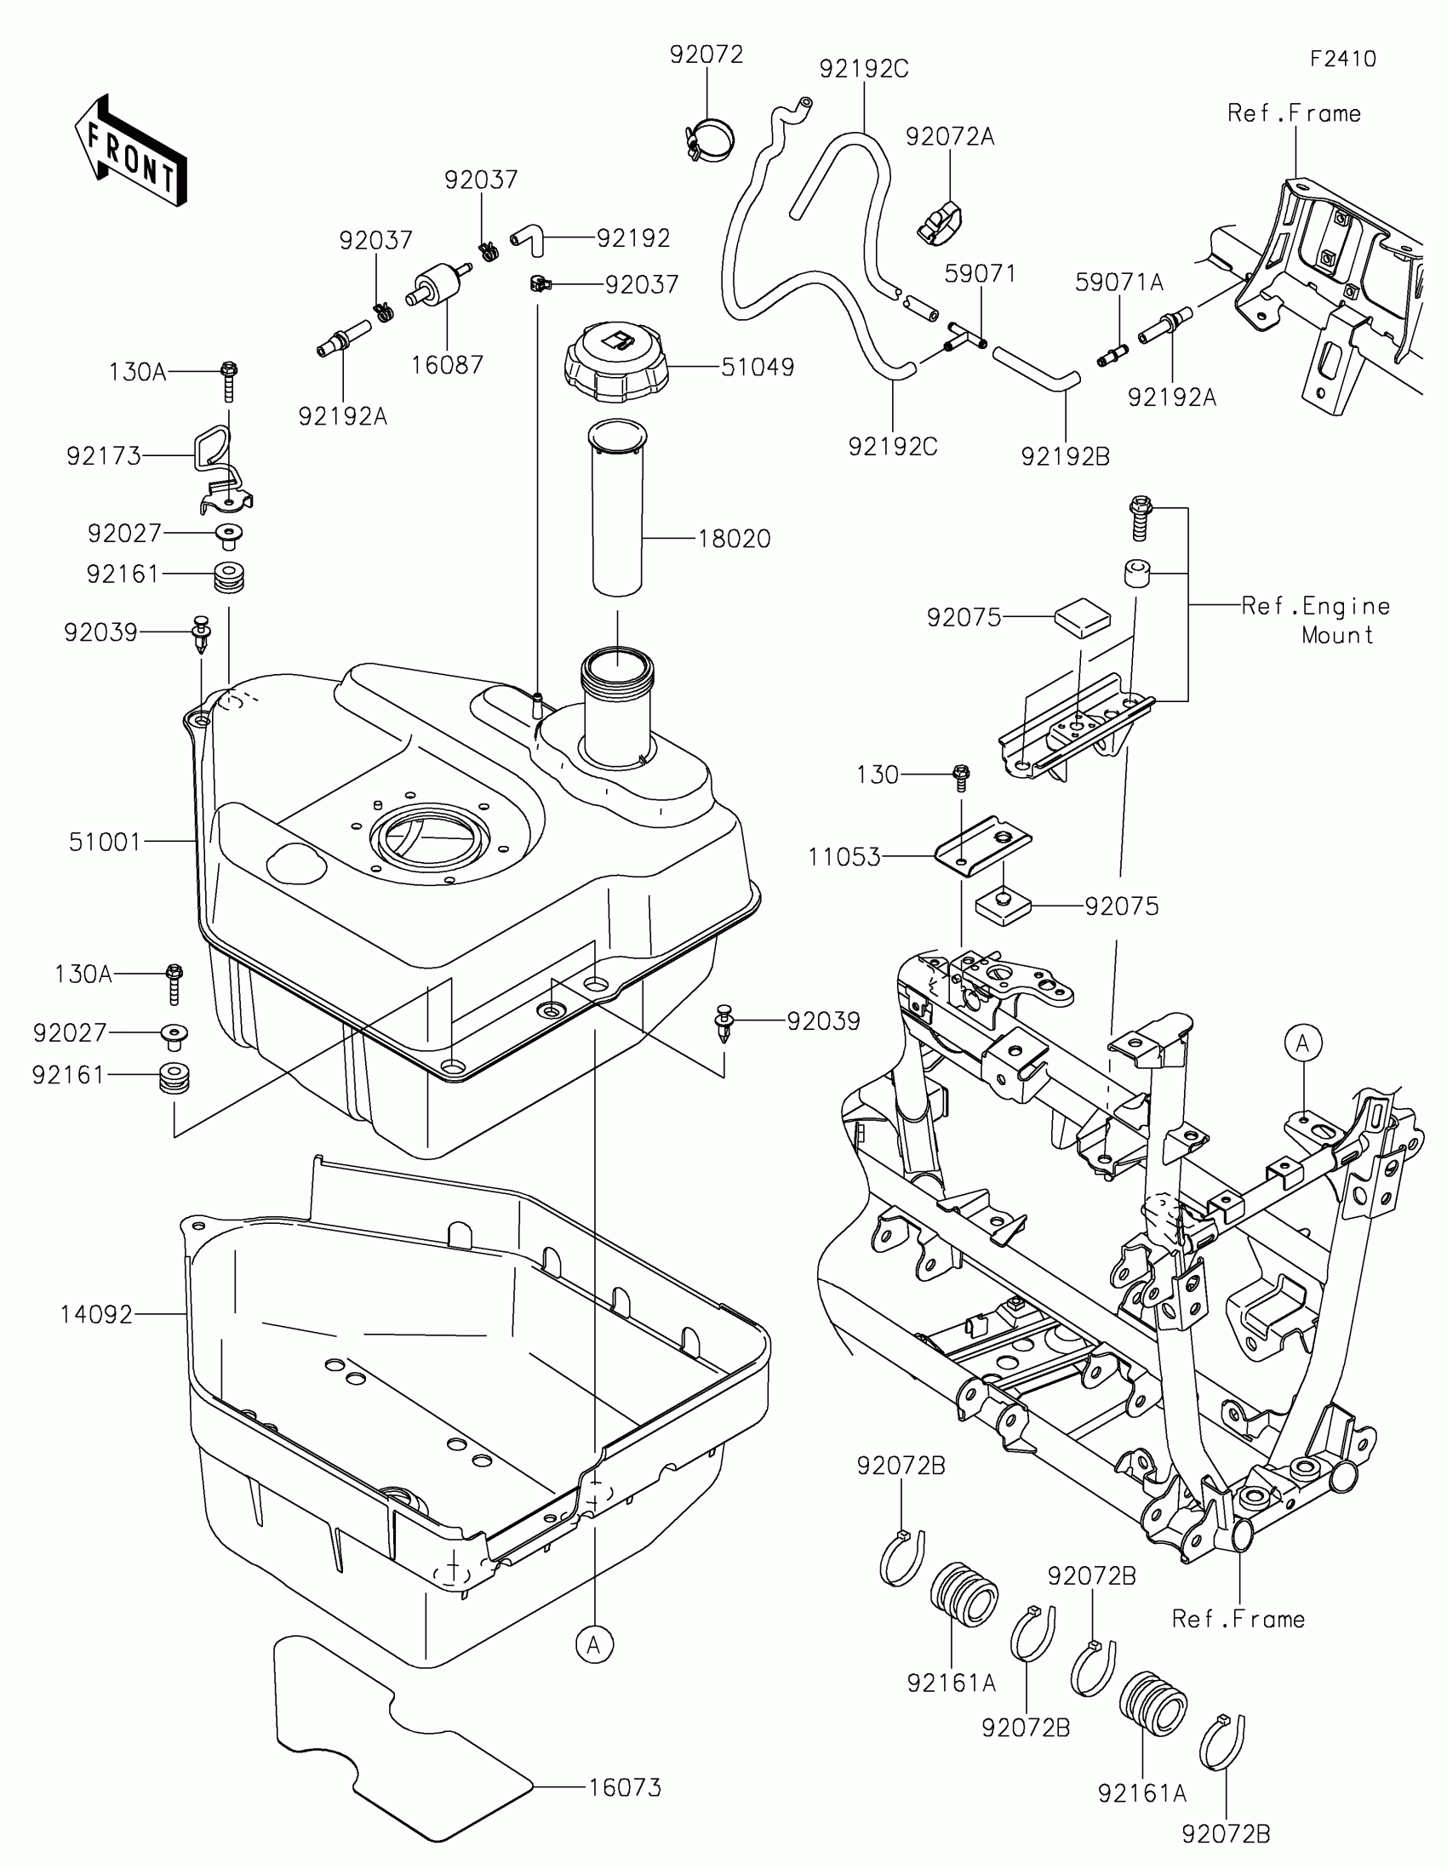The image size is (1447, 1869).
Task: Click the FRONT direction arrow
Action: [131, 151]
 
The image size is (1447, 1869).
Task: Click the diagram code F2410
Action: [1342, 59]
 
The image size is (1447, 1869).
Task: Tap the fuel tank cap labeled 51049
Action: [615, 362]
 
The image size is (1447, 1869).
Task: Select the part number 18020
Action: [735, 539]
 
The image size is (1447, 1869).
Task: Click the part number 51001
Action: [105, 842]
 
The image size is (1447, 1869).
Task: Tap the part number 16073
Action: [625, 1787]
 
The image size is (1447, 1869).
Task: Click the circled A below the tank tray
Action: [595, 1645]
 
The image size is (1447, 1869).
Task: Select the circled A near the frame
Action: [1303, 1043]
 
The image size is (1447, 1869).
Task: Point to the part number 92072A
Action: [950, 137]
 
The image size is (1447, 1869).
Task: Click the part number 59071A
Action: [1119, 283]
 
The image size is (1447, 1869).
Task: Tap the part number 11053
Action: [844, 856]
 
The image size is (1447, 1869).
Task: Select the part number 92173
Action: [104, 456]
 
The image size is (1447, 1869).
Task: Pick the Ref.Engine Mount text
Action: [1316, 620]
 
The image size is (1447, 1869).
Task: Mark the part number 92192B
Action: [1066, 457]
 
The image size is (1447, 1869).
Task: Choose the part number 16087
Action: [448, 365]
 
